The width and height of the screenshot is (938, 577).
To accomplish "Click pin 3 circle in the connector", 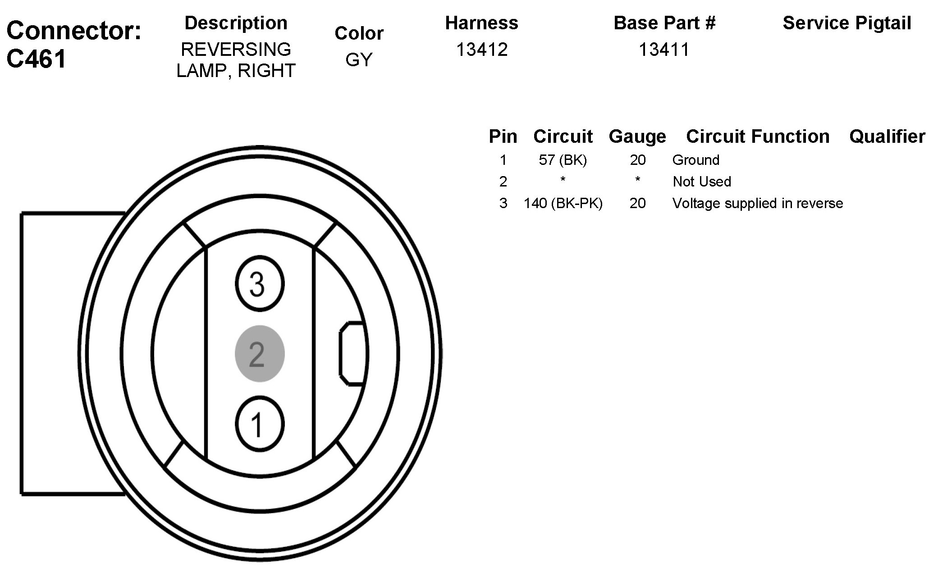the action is pos(259,284).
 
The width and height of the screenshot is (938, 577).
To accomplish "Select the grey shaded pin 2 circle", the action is pos(259,354).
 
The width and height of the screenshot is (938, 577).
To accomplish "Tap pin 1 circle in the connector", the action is pos(259,424).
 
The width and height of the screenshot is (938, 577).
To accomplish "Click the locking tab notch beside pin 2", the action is pos(352,354).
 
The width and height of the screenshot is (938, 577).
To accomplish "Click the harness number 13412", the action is pos(481,50).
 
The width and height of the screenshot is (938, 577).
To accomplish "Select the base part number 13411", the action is pos(664,50).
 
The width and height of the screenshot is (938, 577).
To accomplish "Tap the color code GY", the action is pos(359,59).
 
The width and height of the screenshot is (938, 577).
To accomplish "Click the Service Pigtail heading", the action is pos(847,23).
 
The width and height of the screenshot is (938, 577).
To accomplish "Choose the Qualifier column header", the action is pos(887,136).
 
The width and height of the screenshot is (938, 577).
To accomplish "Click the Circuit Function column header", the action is pos(757,136).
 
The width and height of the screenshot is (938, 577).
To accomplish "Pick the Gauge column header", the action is pos(637,136).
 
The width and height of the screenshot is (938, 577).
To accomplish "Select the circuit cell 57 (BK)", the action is pos(563,160).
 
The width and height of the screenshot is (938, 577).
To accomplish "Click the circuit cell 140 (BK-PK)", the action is pos(563,203).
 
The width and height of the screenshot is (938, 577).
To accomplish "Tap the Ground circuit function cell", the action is pos(695,160).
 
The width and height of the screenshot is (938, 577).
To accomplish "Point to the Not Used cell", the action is pos(702,182).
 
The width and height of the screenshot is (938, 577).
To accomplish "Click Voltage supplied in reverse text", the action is pos(757,203).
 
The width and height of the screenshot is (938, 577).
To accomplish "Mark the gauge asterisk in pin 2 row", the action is pos(637,181).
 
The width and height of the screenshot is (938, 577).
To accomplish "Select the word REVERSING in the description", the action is pos(236,49).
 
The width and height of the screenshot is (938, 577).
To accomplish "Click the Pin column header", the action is pos(503,136).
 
